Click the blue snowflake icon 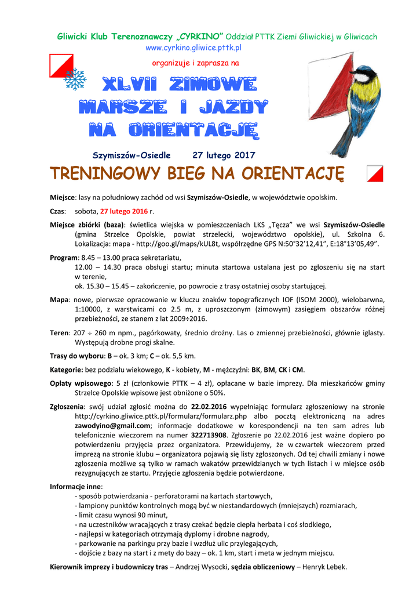[75, 79]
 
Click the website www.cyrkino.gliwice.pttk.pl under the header [193, 48]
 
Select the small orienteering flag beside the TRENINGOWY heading [375, 173]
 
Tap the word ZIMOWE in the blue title [214, 85]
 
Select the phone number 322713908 [206, 434]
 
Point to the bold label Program [64, 258]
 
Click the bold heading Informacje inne [76, 486]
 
